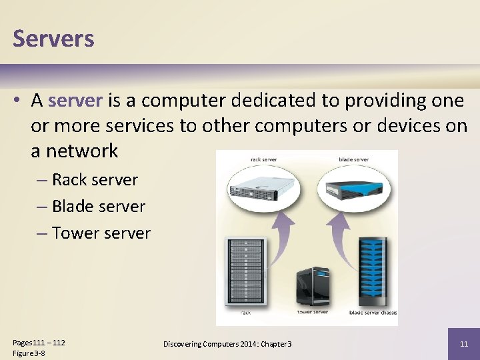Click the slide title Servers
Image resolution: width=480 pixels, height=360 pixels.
(53, 39)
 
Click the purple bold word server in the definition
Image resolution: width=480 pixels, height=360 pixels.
(75, 101)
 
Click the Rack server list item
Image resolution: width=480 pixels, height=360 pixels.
(95, 180)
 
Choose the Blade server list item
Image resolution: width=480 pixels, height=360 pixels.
(98, 207)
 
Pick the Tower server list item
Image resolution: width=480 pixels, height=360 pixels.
(101, 233)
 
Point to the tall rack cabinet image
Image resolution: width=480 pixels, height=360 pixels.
(246, 270)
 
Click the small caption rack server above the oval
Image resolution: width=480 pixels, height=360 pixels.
(264, 159)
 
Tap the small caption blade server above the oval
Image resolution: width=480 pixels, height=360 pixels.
(353, 159)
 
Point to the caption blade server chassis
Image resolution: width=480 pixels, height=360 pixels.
(373, 312)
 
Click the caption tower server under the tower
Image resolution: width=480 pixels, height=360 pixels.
(313, 311)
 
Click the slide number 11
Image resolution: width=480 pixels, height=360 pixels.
(464, 344)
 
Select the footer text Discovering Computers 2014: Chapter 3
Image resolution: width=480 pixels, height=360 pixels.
(227, 344)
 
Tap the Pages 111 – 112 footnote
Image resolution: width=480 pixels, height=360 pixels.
(39, 343)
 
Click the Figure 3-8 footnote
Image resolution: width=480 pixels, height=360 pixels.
(29, 353)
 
